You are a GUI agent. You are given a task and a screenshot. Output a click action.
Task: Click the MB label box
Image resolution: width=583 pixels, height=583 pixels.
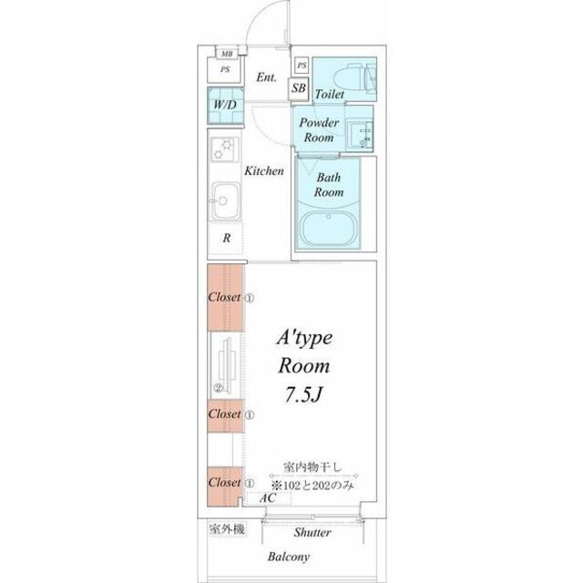(225, 54)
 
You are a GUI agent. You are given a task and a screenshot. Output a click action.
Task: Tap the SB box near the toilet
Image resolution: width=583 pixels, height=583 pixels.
(298, 88)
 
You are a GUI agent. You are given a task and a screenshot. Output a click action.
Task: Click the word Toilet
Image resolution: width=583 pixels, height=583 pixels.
(329, 94)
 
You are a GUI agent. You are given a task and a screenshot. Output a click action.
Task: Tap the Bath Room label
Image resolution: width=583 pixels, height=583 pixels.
(328, 186)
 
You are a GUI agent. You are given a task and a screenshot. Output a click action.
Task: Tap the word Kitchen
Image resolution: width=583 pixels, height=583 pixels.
(264, 170)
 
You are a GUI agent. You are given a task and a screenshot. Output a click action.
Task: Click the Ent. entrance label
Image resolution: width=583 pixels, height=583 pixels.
(267, 77)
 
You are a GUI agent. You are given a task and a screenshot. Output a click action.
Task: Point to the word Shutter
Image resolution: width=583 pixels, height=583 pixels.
(312, 532)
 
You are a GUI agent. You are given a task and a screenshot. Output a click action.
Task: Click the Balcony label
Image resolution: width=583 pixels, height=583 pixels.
(288, 557)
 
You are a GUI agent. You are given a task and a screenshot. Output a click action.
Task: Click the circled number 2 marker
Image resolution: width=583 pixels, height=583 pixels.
(218, 386)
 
